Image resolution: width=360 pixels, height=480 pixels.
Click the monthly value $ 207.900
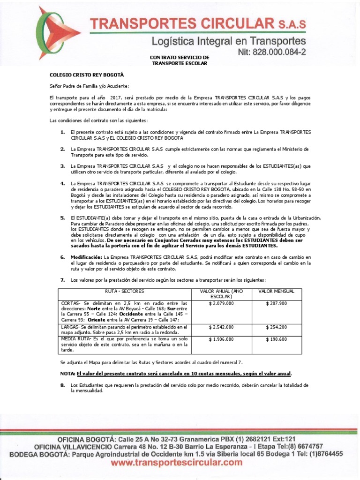[x=276, y=304]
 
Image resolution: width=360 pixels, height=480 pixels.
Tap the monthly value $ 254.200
[x=276, y=327]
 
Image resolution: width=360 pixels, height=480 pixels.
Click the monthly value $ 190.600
[x=276, y=339]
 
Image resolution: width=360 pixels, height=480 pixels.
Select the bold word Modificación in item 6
[x=86, y=257]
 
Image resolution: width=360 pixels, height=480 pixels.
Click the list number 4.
[x=62, y=182]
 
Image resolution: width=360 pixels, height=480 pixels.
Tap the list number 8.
[x=62, y=385]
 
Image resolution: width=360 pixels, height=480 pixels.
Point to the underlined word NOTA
[x=67, y=374]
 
